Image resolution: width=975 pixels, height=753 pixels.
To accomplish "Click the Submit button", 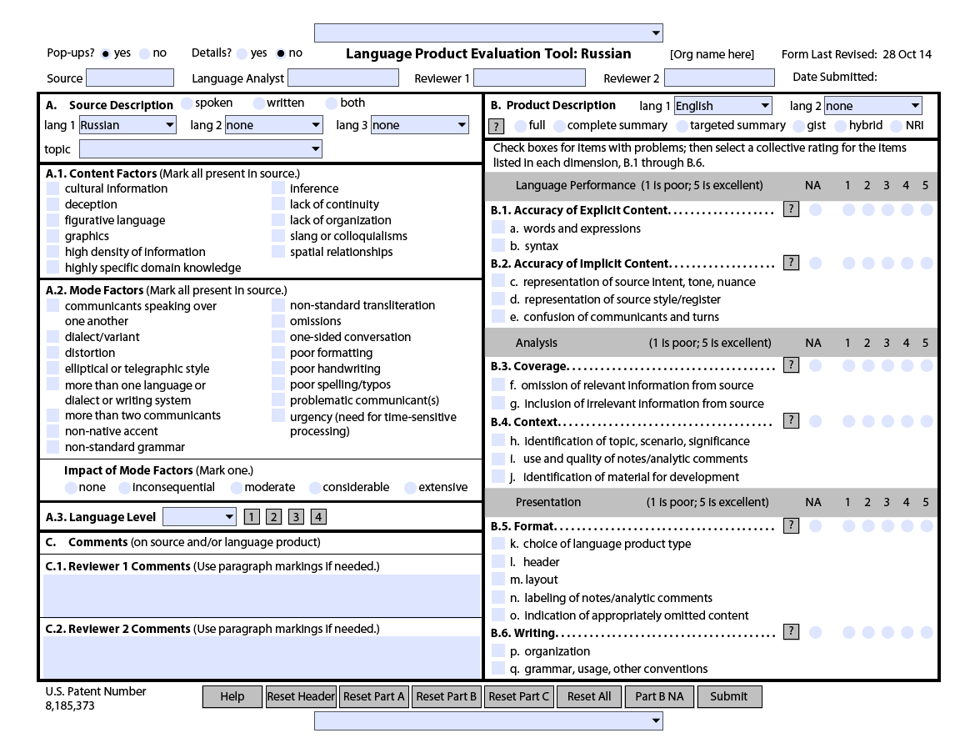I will click(x=729, y=697).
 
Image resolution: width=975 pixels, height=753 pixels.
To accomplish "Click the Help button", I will click(x=232, y=697).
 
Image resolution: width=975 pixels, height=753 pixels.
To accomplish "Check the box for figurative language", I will click(x=53, y=220).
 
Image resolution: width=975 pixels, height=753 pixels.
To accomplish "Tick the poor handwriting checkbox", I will click(x=278, y=369).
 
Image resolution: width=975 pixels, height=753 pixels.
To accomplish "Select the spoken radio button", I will click(x=187, y=103).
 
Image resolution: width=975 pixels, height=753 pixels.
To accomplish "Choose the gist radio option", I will click(x=799, y=126).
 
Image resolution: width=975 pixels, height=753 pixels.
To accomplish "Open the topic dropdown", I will click(x=200, y=149).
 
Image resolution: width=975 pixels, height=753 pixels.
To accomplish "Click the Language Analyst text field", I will click(x=342, y=78).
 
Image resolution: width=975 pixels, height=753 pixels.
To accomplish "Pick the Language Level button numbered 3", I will click(x=296, y=517).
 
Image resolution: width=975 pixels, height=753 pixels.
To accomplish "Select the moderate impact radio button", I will click(x=237, y=488).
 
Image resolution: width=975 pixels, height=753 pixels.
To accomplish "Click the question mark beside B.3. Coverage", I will click(x=792, y=365).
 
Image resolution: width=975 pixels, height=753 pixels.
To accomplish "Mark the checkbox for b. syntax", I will click(x=498, y=246).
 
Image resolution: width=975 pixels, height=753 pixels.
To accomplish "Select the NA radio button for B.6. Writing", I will click(x=815, y=633).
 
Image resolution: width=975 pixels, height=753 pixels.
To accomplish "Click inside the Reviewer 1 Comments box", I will click(x=262, y=595).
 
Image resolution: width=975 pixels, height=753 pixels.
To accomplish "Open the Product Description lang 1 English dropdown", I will click(x=722, y=106).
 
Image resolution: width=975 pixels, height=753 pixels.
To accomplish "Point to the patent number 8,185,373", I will click(x=70, y=706).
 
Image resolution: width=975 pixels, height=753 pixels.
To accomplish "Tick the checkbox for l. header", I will click(x=498, y=562).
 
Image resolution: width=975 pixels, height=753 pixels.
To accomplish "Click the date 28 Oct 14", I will click(x=907, y=55).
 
